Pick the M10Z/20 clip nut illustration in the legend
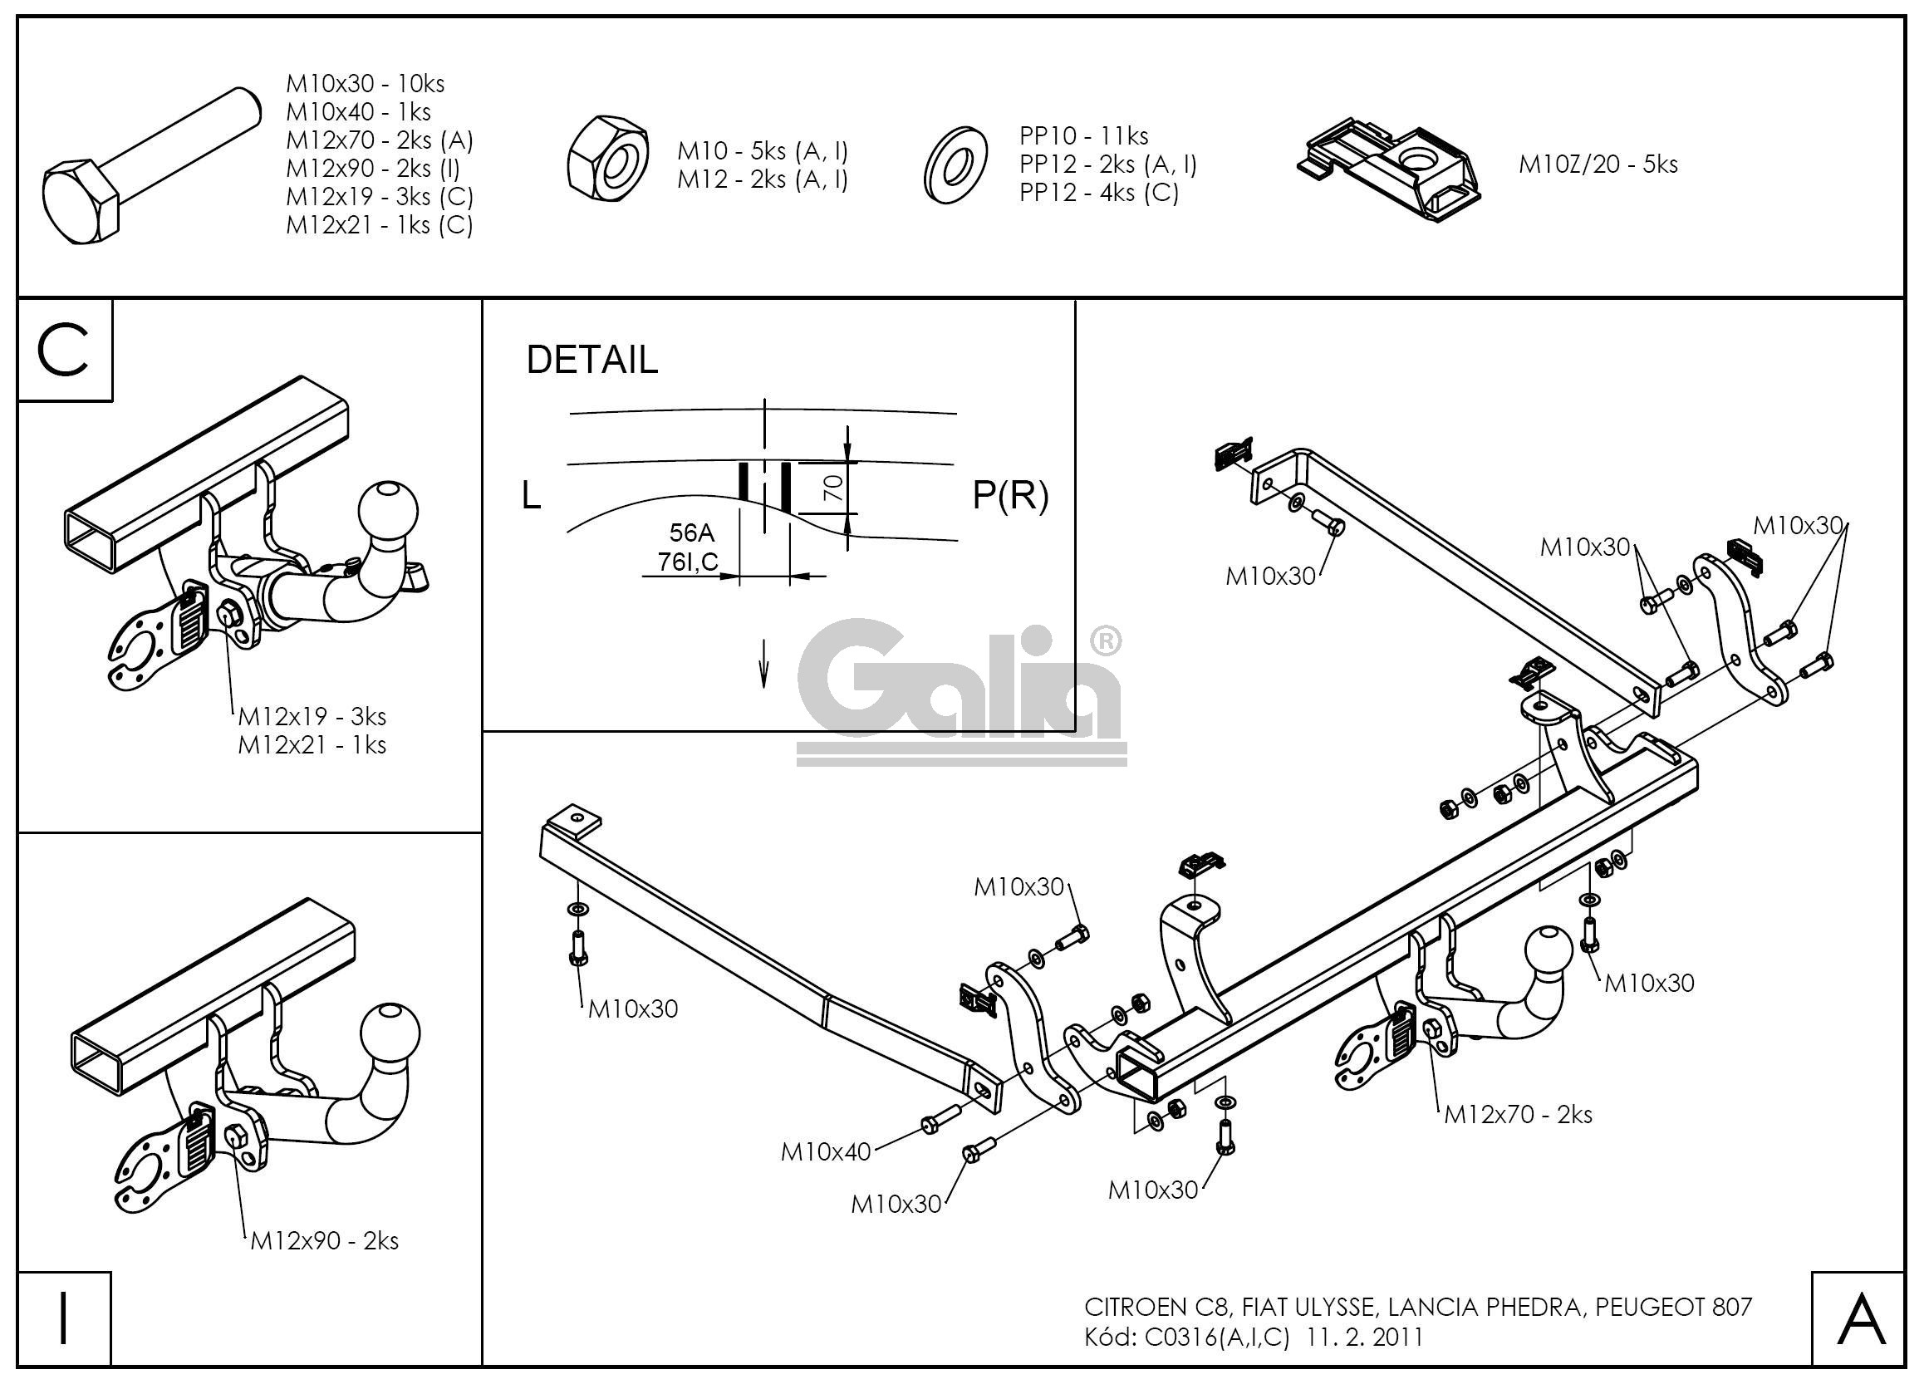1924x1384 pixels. pyautogui.click(x=1391, y=169)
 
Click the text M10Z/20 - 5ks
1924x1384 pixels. pyautogui.click(x=1598, y=164)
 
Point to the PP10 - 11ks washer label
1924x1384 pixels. pyautogui.click(x=1083, y=135)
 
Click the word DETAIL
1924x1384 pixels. pyautogui.click(x=591, y=360)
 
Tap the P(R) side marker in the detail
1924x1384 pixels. pyautogui.click(x=1009, y=495)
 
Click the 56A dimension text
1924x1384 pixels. pyautogui.click(x=691, y=532)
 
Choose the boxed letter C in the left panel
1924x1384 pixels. pyautogui.click(x=64, y=351)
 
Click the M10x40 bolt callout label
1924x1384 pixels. pyautogui.click(x=826, y=1151)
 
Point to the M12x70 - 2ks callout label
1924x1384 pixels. pyautogui.click(x=1518, y=1114)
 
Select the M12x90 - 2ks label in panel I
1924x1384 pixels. pyautogui.click(x=324, y=1240)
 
